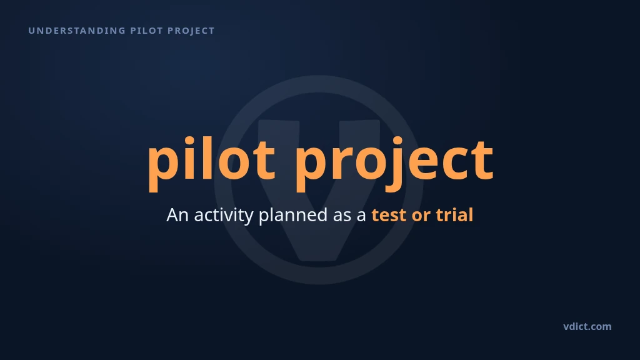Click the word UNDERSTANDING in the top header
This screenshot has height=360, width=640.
click(x=77, y=31)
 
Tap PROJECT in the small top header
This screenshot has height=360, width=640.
click(x=191, y=31)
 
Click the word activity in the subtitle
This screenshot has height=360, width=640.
click(x=224, y=216)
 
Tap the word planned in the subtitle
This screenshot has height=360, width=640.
click(x=293, y=216)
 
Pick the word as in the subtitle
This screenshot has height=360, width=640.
click(x=342, y=216)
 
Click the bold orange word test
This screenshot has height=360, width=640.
click(x=389, y=215)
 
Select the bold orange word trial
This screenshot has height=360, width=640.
click(x=454, y=215)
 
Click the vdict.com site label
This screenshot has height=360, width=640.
click(x=587, y=326)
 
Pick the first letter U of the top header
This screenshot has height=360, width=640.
click(x=31, y=31)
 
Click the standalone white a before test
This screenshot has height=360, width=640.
click(x=362, y=216)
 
